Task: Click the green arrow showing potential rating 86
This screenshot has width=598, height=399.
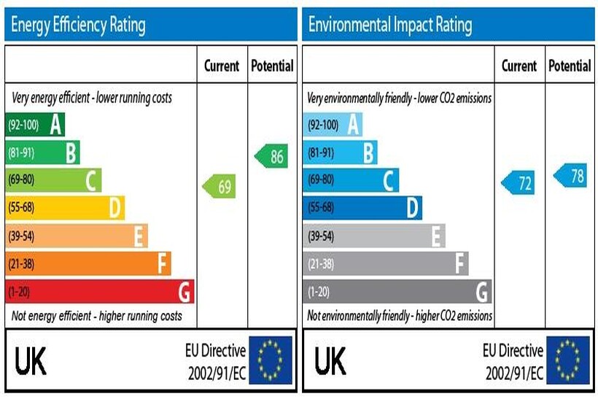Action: (271, 156)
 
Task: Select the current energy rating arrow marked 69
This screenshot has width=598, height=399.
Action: (220, 187)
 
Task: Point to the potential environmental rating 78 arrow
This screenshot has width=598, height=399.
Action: (570, 176)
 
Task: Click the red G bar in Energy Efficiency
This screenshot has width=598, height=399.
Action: (99, 292)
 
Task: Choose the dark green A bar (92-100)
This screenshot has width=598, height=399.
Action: (34, 125)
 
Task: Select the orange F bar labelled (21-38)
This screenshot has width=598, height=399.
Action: (88, 264)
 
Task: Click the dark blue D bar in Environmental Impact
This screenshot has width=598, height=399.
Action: (362, 209)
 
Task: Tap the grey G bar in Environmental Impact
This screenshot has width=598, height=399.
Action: (397, 292)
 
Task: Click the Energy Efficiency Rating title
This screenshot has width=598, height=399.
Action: (78, 26)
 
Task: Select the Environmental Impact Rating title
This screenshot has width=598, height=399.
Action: (390, 26)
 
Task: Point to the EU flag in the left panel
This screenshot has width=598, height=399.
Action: (270, 360)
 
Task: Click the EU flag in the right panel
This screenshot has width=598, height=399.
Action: (567, 360)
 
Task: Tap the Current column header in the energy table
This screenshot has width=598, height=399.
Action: (222, 66)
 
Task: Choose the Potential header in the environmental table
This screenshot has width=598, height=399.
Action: (570, 66)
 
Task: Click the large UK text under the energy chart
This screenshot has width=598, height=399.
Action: (31, 360)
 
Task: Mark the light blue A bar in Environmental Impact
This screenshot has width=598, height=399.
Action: (332, 125)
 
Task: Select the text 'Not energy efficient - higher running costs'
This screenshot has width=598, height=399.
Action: (96, 316)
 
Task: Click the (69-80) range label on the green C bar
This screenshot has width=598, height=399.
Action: (21, 180)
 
